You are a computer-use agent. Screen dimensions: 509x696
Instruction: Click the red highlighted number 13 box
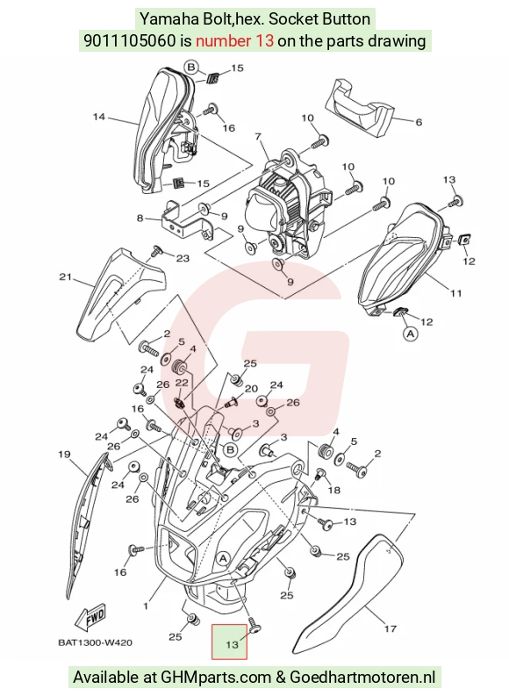click(229, 642)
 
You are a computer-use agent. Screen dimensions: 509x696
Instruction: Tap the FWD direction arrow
click(90, 617)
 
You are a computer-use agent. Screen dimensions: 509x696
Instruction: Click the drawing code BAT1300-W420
click(95, 642)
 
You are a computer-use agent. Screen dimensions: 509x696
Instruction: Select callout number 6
click(418, 122)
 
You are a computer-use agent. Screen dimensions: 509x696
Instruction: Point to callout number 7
click(258, 136)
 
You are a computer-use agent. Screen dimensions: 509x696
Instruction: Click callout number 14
click(99, 117)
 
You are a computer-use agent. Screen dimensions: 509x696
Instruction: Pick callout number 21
click(65, 277)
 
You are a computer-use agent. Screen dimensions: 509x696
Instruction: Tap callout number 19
click(64, 454)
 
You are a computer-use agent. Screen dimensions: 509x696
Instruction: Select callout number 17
click(390, 628)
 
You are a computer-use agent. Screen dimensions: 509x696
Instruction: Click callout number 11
click(455, 293)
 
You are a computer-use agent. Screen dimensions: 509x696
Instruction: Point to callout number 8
click(140, 218)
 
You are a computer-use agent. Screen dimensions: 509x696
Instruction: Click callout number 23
click(183, 258)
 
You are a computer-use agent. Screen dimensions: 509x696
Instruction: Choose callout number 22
click(182, 382)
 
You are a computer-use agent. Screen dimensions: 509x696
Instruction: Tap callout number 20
click(251, 389)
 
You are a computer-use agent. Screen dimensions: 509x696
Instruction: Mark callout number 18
click(334, 490)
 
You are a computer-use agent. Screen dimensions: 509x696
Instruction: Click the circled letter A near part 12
click(411, 333)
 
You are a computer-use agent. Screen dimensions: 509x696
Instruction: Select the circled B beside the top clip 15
click(191, 67)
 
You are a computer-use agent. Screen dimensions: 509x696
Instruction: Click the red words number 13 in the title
click(234, 41)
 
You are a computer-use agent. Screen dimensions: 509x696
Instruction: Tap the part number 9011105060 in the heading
click(130, 41)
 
